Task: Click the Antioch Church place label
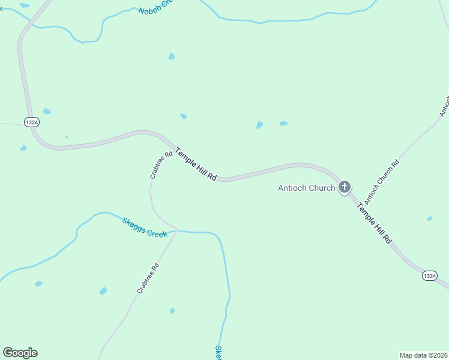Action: (x=306, y=188)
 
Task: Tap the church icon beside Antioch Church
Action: (x=345, y=187)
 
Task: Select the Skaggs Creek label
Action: (x=144, y=227)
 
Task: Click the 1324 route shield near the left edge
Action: (x=32, y=122)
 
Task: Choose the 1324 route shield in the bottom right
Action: (x=429, y=275)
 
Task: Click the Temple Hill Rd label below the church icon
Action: (x=374, y=222)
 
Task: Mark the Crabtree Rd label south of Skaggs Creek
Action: (x=147, y=278)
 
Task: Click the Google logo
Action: (x=20, y=353)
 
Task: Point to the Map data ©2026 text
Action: (x=423, y=355)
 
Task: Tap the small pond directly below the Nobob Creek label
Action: (x=172, y=56)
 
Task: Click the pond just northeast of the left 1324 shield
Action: (x=46, y=111)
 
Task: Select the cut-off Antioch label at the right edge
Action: (x=444, y=105)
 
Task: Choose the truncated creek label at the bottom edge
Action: (x=218, y=353)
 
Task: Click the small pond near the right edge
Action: (x=429, y=218)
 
